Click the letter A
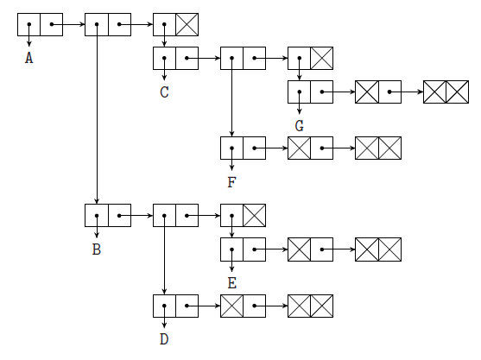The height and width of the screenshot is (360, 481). (29, 59)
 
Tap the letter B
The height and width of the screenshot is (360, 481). (97, 249)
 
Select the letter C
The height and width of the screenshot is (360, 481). (164, 92)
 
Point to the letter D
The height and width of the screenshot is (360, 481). (164, 338)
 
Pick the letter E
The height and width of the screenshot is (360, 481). (232, 282)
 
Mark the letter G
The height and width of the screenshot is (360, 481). (299, 125)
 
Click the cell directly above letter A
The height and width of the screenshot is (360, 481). (28, 25)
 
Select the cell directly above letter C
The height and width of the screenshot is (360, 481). (164, 59)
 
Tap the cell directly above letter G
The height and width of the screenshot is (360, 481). (299, 92)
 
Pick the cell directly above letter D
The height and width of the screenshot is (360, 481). (164, 306)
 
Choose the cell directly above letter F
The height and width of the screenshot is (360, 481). (231, 148)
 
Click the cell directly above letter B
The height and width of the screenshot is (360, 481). (97, 215)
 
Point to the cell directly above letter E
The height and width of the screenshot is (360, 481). (232, 249)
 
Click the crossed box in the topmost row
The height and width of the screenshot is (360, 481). (187, 25)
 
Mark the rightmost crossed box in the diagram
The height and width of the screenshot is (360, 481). (458, 92)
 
